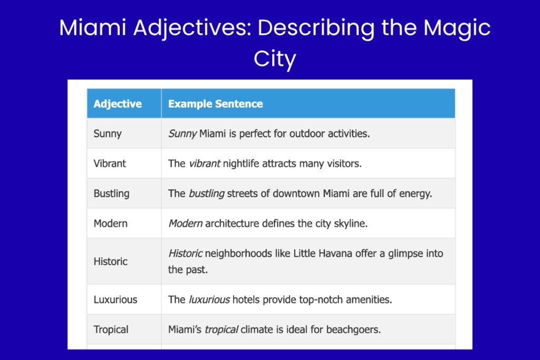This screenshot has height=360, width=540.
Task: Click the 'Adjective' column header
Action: [118, 104]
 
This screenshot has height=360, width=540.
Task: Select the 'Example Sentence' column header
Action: [215, 104]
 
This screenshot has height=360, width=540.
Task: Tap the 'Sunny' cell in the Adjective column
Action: [108, 133]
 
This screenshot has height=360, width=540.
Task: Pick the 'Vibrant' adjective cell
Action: [110, 163]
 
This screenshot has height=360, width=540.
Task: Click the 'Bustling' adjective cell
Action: [111, 193]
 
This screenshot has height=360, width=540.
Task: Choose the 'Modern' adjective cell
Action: [110, 223]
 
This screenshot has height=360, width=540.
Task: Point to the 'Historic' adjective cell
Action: [110, 261]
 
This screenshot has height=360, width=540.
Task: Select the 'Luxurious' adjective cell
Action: [115, 300]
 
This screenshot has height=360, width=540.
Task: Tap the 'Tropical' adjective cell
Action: [111, 330]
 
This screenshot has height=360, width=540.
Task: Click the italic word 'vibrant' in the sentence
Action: [204, 163]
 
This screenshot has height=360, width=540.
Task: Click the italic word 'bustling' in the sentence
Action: [206, 193]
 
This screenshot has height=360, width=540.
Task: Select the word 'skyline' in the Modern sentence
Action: [350, 223]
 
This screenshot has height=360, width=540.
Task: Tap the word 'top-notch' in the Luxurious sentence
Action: [321, 300]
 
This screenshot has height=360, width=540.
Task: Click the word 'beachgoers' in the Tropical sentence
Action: [354, 330]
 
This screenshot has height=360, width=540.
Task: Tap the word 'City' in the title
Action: [274, 59]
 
